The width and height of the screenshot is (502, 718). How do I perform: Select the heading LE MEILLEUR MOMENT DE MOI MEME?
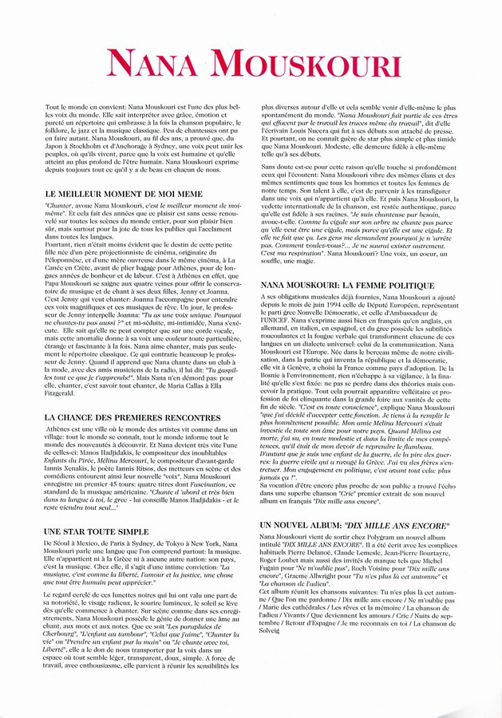124,194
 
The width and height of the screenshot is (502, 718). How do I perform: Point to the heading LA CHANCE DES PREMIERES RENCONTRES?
132,416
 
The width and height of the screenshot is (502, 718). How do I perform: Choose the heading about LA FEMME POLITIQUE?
346,285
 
